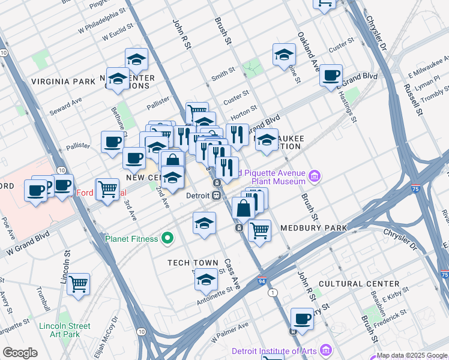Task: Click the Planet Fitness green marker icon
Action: click(x=169, y=239)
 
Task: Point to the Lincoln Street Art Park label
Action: click(x=64, y=330)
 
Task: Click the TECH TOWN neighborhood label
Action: click(x=191, y=263)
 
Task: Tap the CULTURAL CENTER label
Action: click(x=359, y=283)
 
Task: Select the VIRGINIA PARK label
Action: click(x=63, y=81)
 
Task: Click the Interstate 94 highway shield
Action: click(x=262, y=280)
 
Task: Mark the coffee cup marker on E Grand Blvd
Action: click(x=331, y=76)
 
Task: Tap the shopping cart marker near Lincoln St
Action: click(x=79, y=283)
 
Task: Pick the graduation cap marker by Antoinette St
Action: click(x=206, y=280)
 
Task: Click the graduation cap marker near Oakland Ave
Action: click(x=284, y=55)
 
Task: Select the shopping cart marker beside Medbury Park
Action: click(x=259, y=230)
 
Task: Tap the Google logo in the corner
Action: click(x=20, y=352)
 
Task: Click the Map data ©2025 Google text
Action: click(x=412, y=355)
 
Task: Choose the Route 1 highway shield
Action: click(x=274, y=292)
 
